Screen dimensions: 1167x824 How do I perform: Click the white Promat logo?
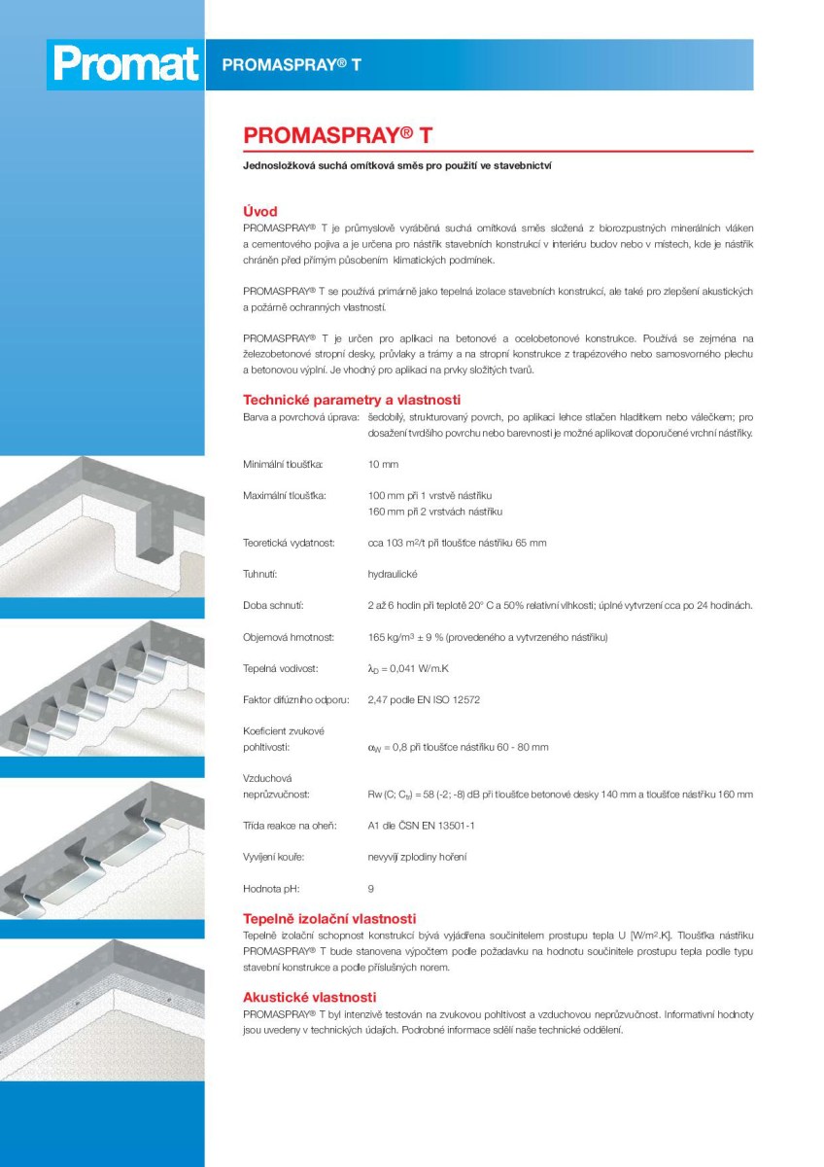[x=125, y=64]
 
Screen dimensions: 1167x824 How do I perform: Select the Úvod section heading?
[x=259, y=211]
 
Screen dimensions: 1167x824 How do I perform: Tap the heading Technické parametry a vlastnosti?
[x=351, y=400]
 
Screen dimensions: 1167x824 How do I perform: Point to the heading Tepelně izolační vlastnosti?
[x=329, y=918]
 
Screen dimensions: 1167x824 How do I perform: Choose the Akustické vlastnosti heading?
[x=309, y=997]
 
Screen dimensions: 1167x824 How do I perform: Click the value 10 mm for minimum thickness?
[x=383, y=465]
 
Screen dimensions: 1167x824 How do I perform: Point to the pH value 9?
[x=371, y=888]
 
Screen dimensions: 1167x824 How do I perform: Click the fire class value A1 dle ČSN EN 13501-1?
[x=421, y=826]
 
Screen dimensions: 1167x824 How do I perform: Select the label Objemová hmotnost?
[x=289, y=637]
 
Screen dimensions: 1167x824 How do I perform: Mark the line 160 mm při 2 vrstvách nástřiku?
[x=435, y=512]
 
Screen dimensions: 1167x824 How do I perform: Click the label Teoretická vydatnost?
[x=289, y=543]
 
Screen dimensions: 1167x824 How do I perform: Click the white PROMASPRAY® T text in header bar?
[x=292, y=65]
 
